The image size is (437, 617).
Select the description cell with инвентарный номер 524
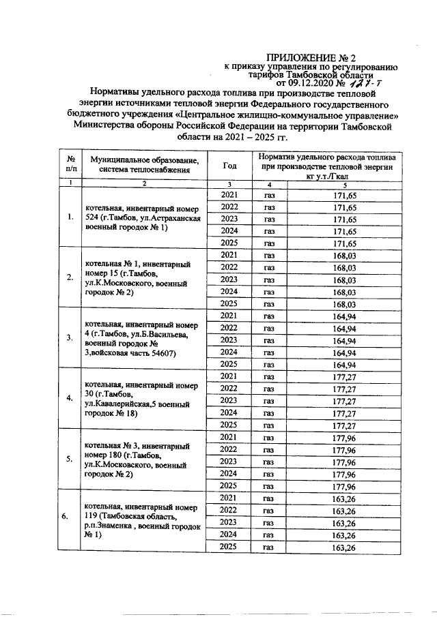coord(143,218)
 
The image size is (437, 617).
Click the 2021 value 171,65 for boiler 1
coord(345,196)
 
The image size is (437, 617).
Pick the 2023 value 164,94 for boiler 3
coord(345,339)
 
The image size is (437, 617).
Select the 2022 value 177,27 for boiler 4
coord(345,388)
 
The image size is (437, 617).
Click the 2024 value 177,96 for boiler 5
coord(345,472)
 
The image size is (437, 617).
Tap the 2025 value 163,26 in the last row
coord(345,547)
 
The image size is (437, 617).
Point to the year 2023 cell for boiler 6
coord(230,522)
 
